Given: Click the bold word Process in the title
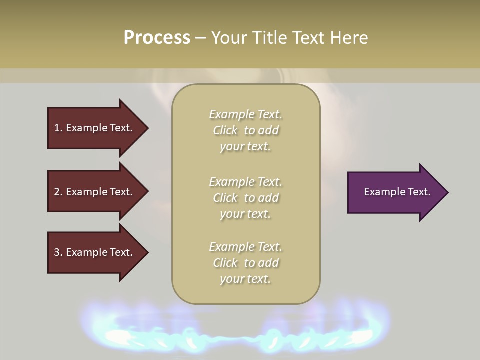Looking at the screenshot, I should tap(157, 37).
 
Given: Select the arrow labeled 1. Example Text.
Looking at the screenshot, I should tap(95, 128).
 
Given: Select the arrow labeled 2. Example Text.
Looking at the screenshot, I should tap(95, 192).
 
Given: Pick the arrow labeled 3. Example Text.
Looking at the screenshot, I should tap(95, 252).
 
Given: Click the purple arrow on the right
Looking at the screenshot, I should tap(395, 192).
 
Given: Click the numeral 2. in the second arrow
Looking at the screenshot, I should tap(58, 192).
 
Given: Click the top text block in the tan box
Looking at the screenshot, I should tap(245, 130).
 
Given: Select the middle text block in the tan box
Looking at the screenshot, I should tap(245, 198).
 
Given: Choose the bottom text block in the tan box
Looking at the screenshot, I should tap(245, 263).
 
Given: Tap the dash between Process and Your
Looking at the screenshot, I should tap(200, 38).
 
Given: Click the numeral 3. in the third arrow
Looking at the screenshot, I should tap(58, 252).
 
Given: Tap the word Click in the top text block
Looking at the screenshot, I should tap(225, 130).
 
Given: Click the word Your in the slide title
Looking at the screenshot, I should tap(230, 37).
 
